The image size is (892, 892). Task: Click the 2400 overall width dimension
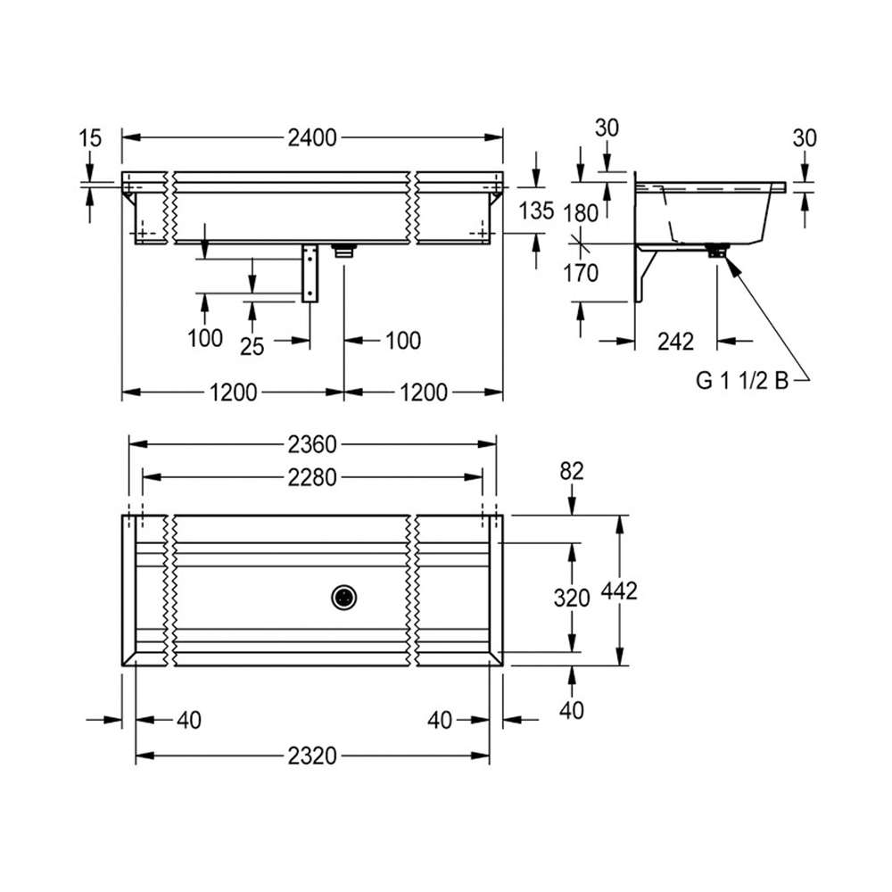tap(312, 138)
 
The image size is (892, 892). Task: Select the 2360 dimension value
tap(312, 445)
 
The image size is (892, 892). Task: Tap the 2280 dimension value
tap(312, 478)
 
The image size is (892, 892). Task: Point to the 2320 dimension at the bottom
tap(312, 756)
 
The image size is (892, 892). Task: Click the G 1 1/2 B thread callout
tap(742, 381)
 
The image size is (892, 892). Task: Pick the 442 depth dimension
tap(620, 591)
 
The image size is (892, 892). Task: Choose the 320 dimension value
tap(572, 598)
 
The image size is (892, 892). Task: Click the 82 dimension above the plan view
tap(572, 472)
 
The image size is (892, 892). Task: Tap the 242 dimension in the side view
tap(676, 342)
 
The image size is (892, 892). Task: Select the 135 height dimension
tap(536, 211)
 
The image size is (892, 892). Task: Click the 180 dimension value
tap(581, 214)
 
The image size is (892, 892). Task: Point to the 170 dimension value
tap(581, 273)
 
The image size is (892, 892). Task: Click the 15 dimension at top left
tap(90, 138)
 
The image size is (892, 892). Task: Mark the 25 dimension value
tap(252, 346)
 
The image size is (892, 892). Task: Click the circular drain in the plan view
tap(344, 598)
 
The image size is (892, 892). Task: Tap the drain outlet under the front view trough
tap(344, 251)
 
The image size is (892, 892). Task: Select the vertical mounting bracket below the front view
tap(310, 273)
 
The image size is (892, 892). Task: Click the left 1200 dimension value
tap(233, 392)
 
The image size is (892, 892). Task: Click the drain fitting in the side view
tap(718, 251)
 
